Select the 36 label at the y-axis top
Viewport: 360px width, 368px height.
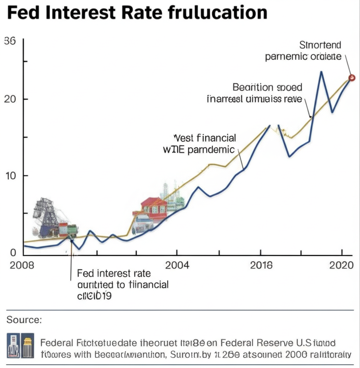[10, 41]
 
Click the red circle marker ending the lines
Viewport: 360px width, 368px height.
[352, 77]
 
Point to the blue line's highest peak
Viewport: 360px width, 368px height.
[321, 72]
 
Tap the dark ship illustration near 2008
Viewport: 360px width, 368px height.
[47, 217]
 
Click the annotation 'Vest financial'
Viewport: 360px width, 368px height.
[205, 138]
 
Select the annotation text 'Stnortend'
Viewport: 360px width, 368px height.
[320, 45]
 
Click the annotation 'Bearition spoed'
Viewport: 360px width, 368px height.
[267, 87]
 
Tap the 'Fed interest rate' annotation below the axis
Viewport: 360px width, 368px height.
[114, 274]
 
